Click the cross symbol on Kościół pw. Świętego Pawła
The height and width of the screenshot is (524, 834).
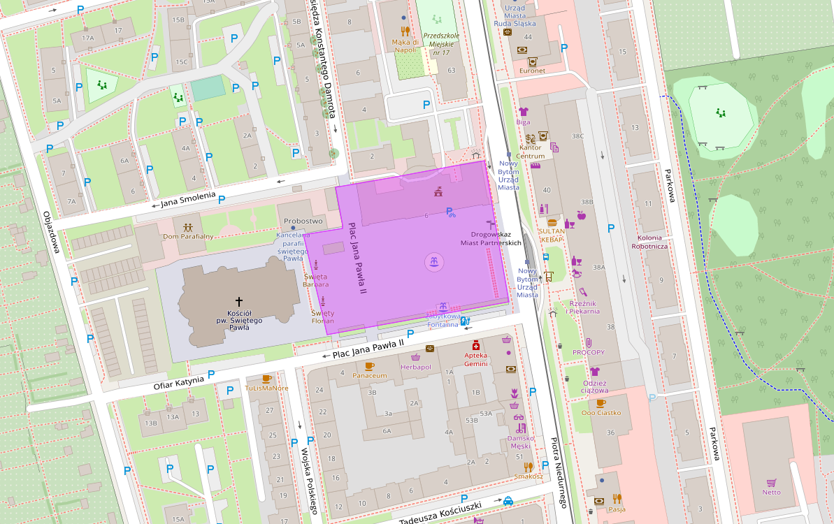click(238, 301)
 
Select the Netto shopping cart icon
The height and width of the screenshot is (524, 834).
click(772, 482)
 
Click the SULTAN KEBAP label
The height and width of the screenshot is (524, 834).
click(552, 235)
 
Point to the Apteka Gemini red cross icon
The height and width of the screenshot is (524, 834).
click(476, 345)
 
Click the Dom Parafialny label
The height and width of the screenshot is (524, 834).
click(188, 236)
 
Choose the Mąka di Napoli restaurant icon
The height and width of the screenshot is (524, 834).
click(404, 31)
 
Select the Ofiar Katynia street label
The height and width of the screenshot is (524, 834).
click(179, 381)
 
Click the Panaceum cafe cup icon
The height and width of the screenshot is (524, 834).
click(370, 365)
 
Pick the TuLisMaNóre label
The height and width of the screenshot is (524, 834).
click(266, 388)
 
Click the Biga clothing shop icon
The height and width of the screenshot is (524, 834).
click(524, 111)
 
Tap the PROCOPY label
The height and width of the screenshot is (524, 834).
click(589, 352)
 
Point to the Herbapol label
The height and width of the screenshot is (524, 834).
click(415, 367)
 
